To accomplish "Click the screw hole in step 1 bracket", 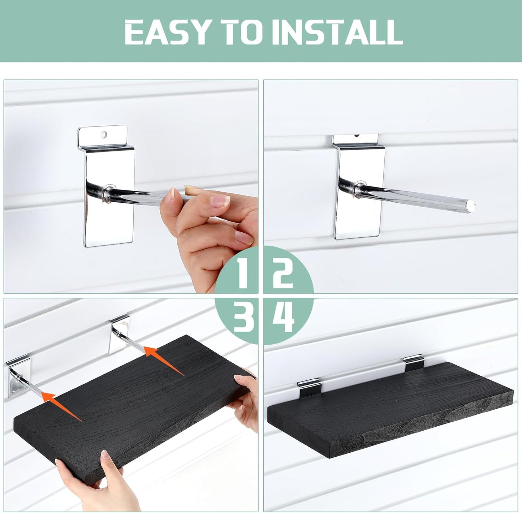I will coord(104,134).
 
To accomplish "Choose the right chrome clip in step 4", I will coord(414,362).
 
